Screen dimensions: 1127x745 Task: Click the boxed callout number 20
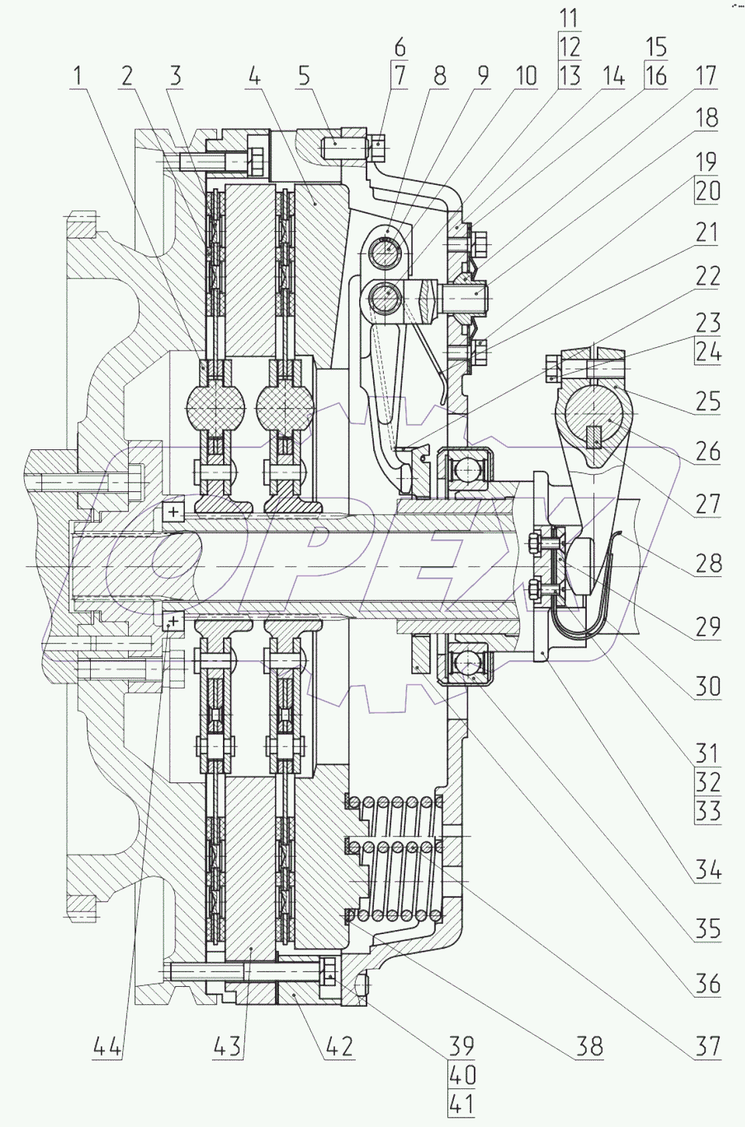(x=707, y=192)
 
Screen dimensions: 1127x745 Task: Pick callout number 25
(x=707, y=401)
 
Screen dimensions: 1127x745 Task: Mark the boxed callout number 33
(x=707, y=811)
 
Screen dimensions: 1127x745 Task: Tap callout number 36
(x=707, y=984)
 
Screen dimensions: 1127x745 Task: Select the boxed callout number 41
(x=461, y=1103)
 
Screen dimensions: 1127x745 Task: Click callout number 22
(x=707, y=276)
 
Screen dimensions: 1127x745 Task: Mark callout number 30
(x=707, y=686)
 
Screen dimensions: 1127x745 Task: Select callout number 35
(x=707, y=928)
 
